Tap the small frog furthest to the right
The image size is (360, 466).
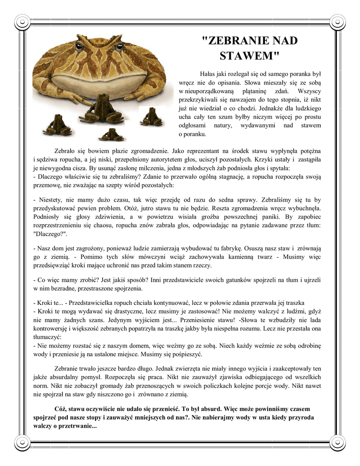coord(150,117)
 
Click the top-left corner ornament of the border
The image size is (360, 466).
coord(21,21)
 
